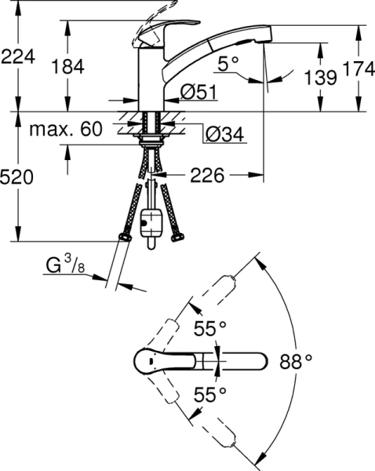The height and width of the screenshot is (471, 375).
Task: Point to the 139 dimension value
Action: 322,77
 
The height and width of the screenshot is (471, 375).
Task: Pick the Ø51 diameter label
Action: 198,92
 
